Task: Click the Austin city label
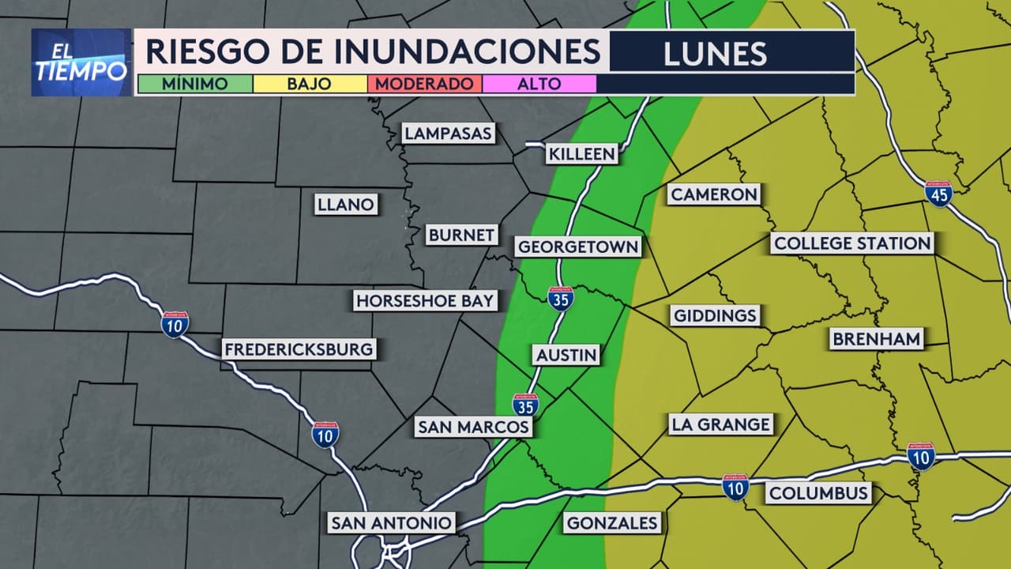(566, 355)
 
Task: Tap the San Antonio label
(391, 522)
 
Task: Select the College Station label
(852, 243)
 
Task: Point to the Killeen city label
(581, 153)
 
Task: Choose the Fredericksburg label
(298, 349)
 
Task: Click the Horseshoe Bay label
(425, 300)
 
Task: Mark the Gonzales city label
(612, 522)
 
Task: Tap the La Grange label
(720, 424)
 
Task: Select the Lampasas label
(448, 133)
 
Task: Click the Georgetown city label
(577, 247)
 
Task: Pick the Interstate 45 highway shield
(938, 194)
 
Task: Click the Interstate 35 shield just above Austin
(560, 299)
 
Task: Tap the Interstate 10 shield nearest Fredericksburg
(175, 324)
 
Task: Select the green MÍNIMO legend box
(194, 84)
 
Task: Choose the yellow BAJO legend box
(310, 84)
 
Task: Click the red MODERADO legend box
(424, 84)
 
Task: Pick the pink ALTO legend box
(539, 84)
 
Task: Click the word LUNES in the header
(715, 53)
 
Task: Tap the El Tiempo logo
(81, 62)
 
